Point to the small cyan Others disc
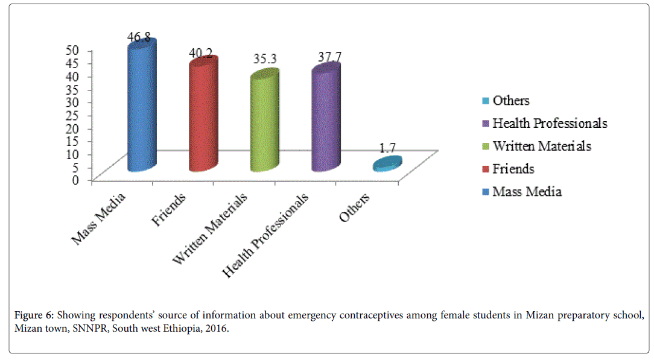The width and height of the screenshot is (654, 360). [387, 163]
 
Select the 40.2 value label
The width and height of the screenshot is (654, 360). [200, 53]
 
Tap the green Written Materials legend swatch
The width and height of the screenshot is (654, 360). [486, 147]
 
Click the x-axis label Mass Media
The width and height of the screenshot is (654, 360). [100, 218]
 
